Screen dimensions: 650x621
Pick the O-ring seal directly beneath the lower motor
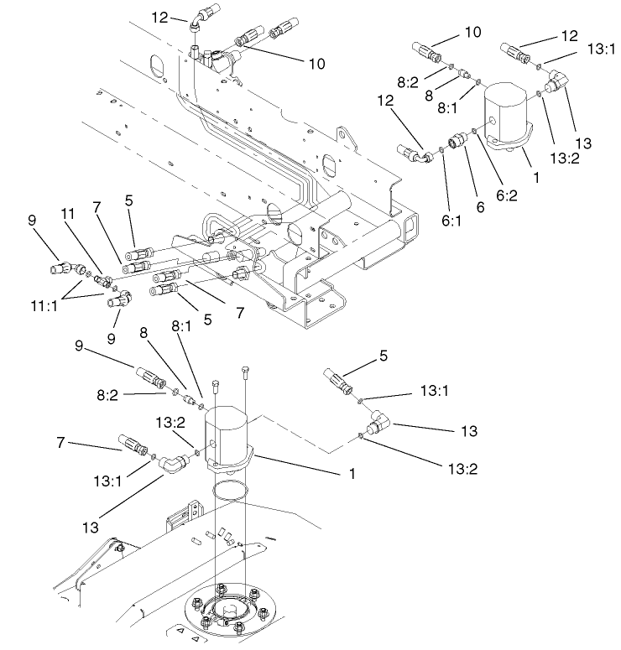(228, 491)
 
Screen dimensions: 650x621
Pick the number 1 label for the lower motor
(352, 474)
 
